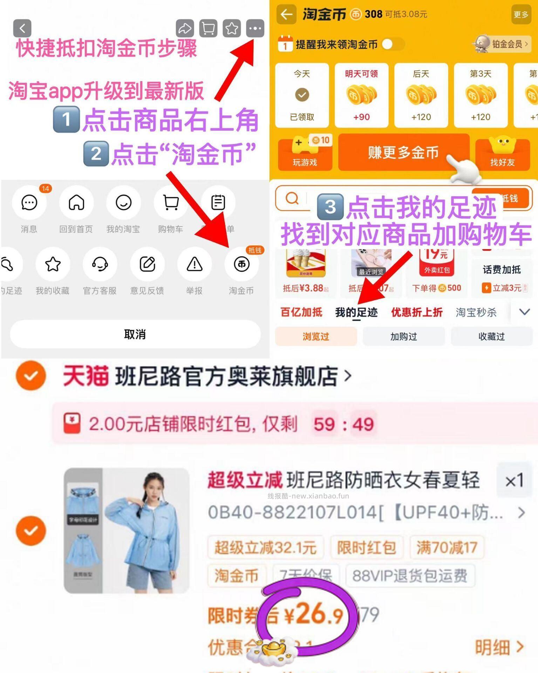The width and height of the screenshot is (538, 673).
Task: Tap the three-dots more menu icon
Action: pos(255,28)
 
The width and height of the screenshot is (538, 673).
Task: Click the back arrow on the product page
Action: pos(22,28)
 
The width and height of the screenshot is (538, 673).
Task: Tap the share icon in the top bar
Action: pos(185,28)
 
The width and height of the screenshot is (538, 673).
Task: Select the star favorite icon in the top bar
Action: pos(232,28)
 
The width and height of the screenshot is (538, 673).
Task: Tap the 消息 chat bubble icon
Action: pos(29,203)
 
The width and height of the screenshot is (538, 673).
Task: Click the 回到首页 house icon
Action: pos(76,203)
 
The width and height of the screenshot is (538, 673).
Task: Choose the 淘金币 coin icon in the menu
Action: pos(241,264)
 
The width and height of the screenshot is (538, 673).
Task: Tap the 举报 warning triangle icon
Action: pos(195,264)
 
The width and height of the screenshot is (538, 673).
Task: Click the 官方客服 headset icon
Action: pos(100,264)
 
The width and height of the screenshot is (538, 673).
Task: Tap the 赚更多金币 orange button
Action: pos(403,152)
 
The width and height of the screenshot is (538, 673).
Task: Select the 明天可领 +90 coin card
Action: pos(361,95)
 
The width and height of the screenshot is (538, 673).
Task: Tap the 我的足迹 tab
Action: pos(356,312)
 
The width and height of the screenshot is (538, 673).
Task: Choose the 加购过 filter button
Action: pos(404,336)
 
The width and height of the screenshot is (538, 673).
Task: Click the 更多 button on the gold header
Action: pos(521,14)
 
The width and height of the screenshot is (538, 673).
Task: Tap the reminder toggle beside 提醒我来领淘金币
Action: pos(393,45)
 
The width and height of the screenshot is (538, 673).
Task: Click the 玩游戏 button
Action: pos(305,155)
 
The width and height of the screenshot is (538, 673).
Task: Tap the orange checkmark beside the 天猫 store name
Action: pos(31,376)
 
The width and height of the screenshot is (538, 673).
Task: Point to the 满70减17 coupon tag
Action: pos(447,547)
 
